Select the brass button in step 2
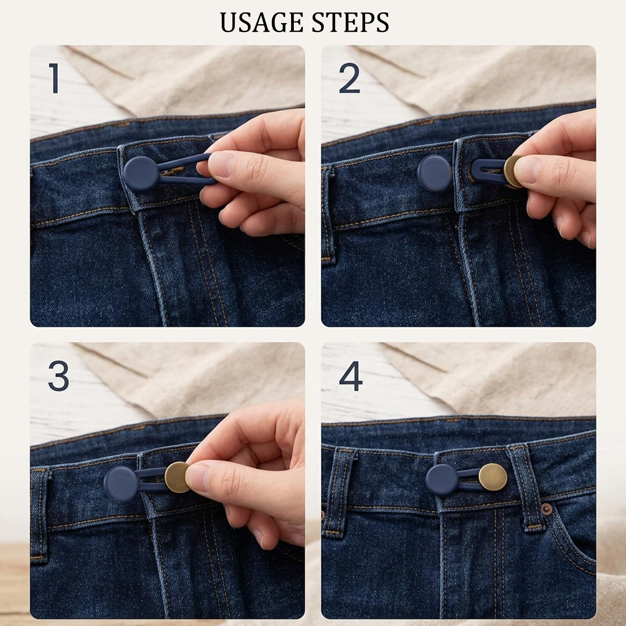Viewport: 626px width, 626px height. (x=512, y=171)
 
